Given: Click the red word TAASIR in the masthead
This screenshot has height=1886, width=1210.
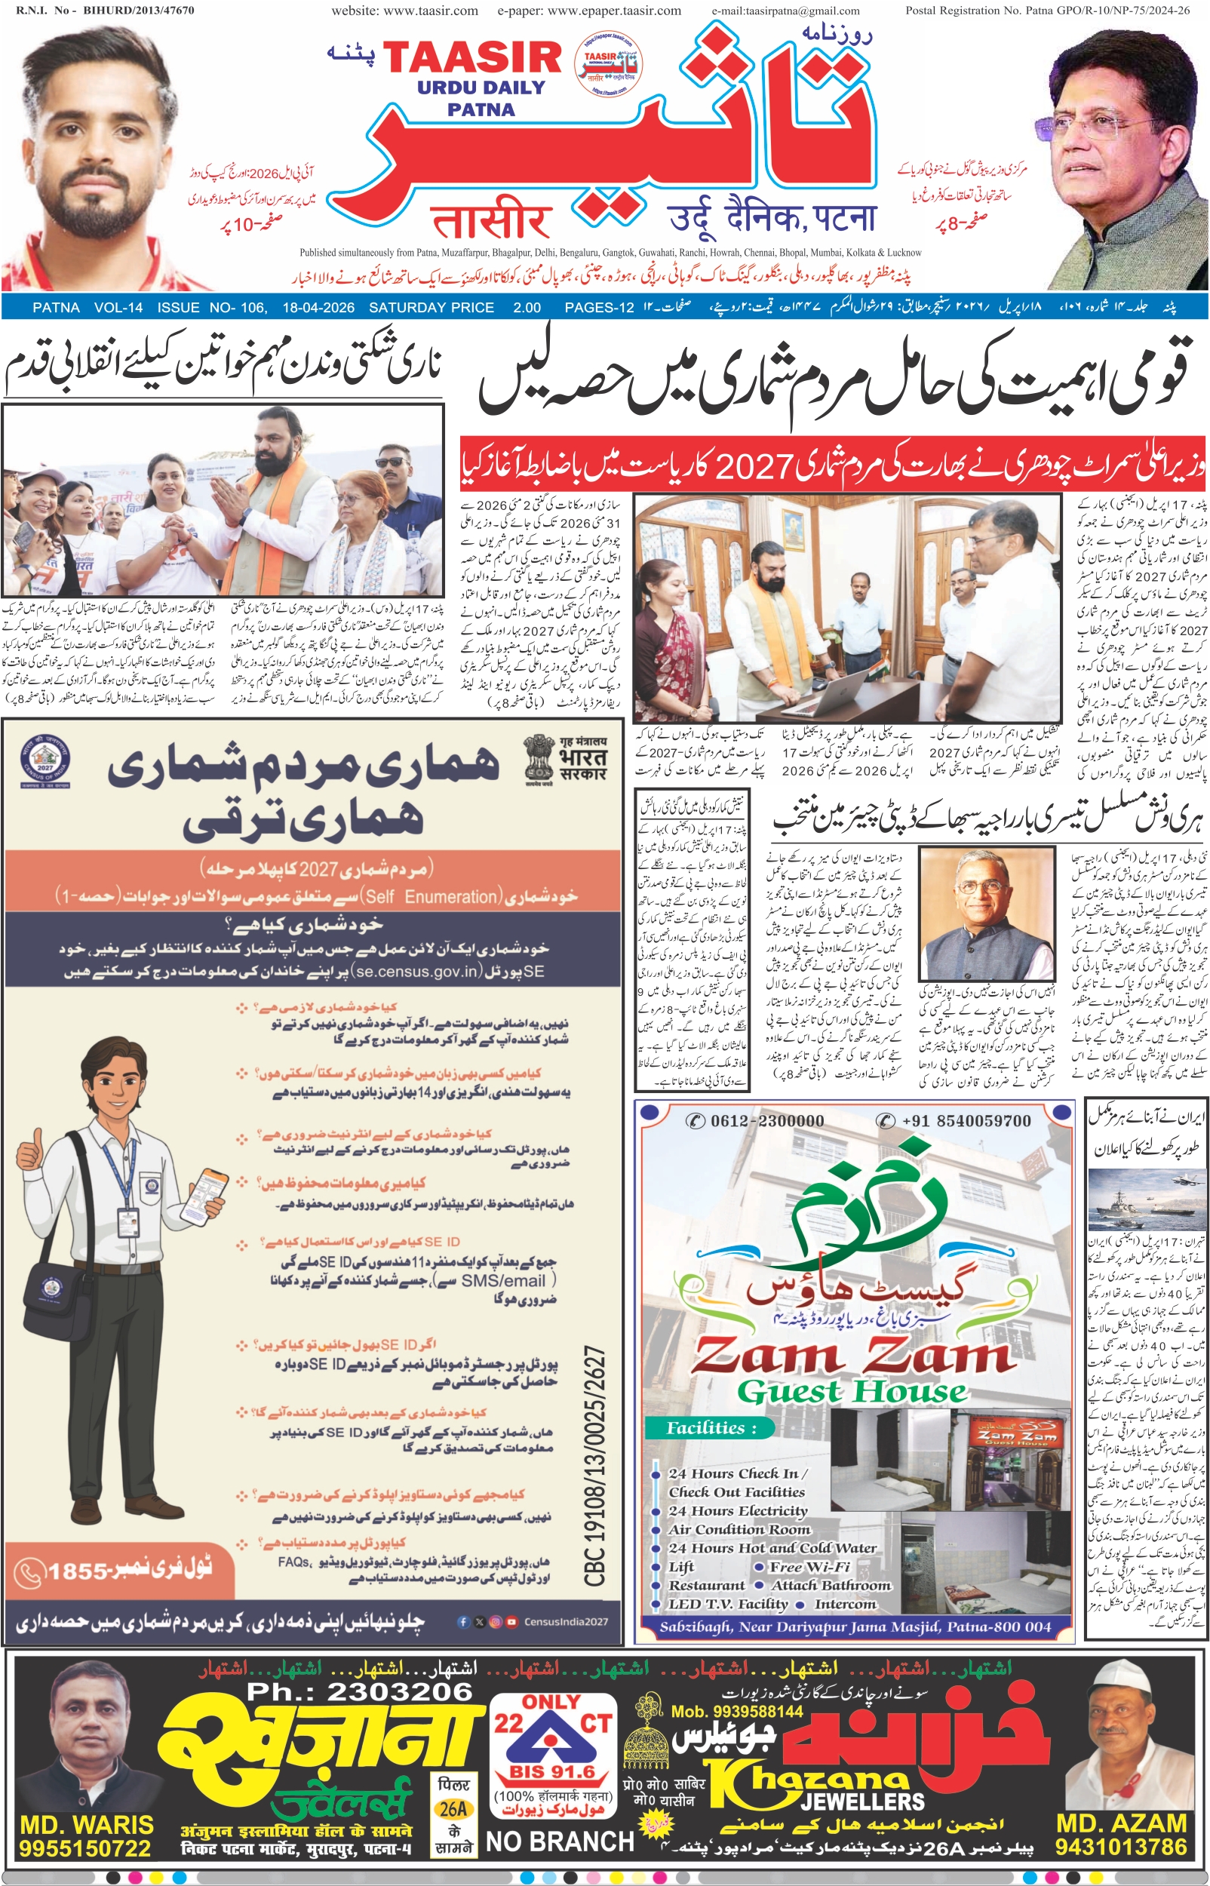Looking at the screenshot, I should pyautogui.click(x=472, y=58).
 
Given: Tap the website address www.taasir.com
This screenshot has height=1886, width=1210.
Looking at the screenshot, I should pyautogui.click(x=404, y=11).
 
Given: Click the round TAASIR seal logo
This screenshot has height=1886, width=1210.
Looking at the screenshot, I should pyautogui.click(x=608, y=63).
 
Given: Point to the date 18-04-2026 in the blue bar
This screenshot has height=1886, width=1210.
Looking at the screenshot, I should pyautogui.click(x=318, y=308).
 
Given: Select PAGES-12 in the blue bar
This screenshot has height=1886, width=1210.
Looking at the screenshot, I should pyautogui.click(x=599, y=308).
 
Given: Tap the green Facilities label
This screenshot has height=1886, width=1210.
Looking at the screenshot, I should pyautogui.click(x=711, y=1428).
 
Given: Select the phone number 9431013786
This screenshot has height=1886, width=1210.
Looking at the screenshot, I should pyautogui.click(x=1120, y=1848).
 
